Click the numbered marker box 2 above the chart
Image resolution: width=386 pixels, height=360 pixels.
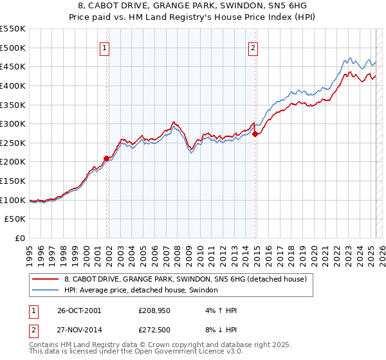[253, 47]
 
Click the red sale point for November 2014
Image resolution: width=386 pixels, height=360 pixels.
[255, 134]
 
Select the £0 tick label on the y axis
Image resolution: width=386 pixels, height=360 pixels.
[20, 238]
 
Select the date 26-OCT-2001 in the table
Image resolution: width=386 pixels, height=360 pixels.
[79, 310]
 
